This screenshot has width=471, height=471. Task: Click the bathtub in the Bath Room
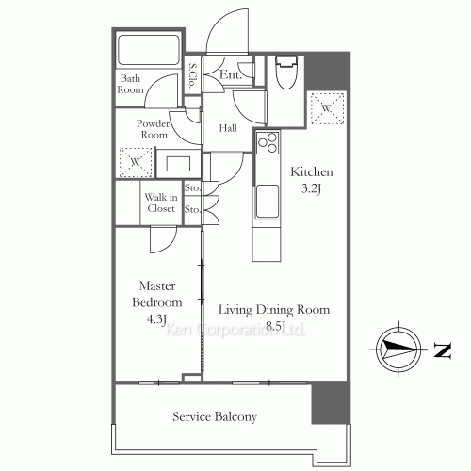pos(149,49)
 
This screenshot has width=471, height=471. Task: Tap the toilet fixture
pos(285,73)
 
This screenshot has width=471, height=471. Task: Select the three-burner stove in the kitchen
pos(268,143)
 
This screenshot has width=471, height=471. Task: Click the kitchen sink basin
pos(268,201)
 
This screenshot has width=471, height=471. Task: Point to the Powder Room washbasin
pos(178,164)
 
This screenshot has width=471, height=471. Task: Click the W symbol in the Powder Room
pos(136,162)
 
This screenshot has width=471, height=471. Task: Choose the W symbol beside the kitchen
pos(327,108)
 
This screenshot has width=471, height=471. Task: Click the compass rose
pos(398,349)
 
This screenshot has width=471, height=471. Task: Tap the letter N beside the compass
pos(443,350)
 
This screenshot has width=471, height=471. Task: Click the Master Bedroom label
pos(157,294)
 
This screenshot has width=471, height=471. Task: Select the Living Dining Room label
pos(274,310)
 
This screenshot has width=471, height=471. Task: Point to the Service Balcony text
pos(215,417)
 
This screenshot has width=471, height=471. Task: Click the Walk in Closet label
pos(161,203)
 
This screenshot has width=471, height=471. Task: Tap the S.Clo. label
pos(192,75)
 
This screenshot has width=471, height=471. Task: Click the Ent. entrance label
pos(231,74)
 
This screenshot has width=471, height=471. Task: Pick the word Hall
pos(228,128)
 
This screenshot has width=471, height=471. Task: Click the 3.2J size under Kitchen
pos(311,189)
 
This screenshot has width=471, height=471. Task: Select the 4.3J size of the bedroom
pos(156,319)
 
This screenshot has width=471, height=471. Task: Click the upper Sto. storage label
pos(192,187)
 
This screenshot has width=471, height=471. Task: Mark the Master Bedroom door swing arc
pos(169,246)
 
